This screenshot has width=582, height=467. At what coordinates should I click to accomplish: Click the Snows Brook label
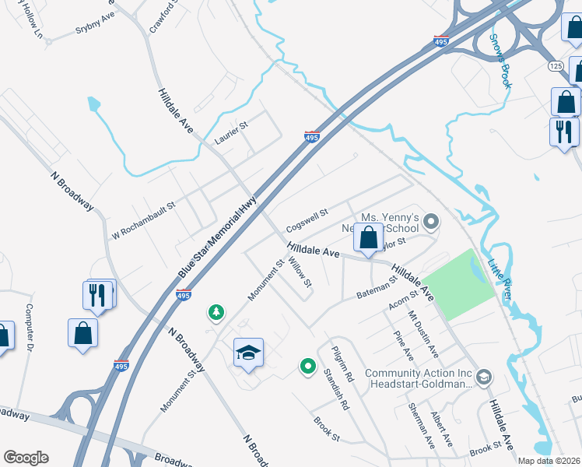click(501, 60)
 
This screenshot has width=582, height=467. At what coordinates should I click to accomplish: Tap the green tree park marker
click(216, 313)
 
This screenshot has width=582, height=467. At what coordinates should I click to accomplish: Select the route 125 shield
click(556, 65)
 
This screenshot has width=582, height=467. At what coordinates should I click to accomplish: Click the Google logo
click(26, 458)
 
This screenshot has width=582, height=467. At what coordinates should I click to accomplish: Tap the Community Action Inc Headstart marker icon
click(484, 377)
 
